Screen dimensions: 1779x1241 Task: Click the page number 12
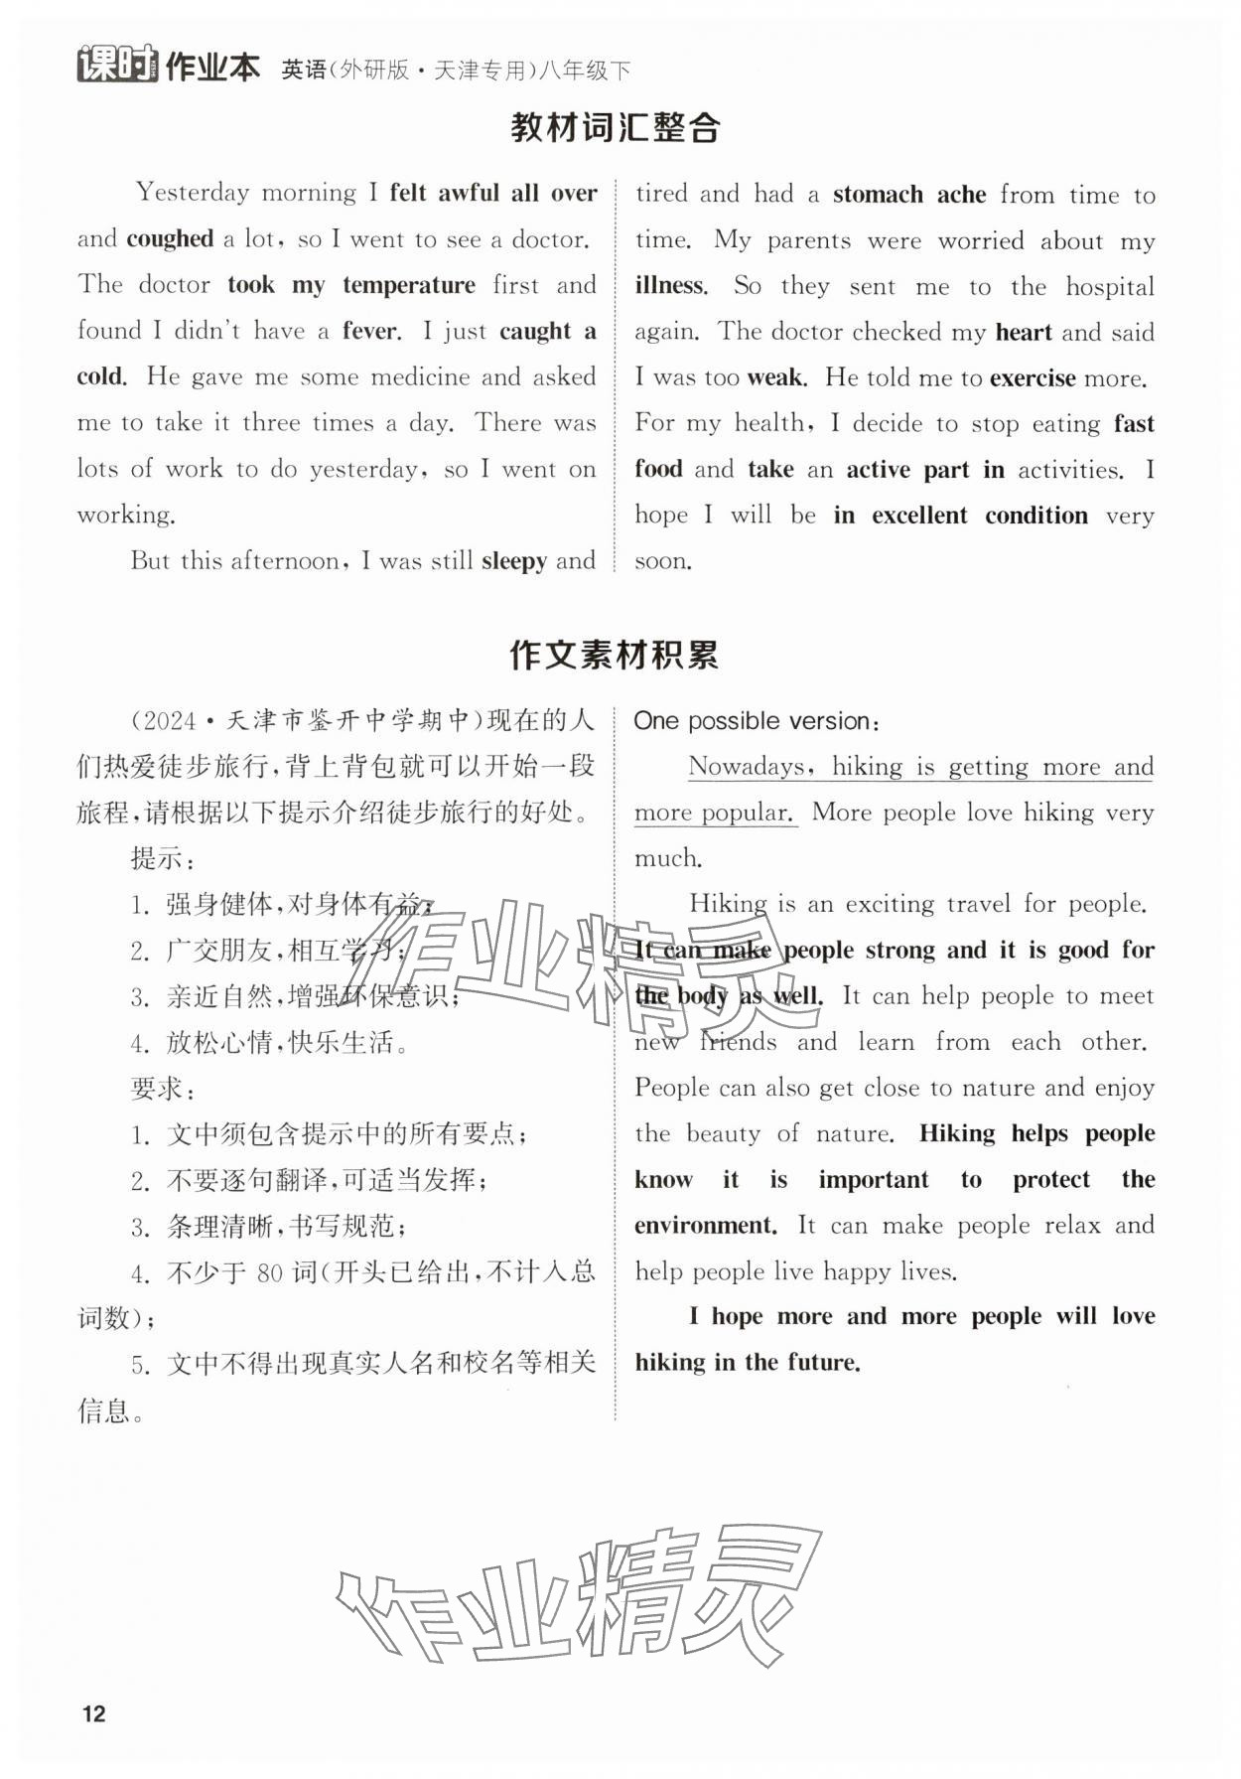click(x=93, y=1713)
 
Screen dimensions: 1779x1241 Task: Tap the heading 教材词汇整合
click(x=616, y=128)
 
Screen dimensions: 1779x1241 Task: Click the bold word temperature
click(x=409, y=286)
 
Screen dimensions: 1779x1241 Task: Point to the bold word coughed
click(x=170, y=239)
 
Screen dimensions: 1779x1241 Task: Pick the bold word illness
click(x=670, y=287)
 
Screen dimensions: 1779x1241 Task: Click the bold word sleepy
click(x=513, y=561)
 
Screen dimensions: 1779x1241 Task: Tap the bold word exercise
click(x=1033, y=378)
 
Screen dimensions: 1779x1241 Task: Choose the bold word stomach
click(x=878, y=195)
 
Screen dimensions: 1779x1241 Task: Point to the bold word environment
click(x=705, y=1226)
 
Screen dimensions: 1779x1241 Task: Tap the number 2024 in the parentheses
click(x=166, y=721)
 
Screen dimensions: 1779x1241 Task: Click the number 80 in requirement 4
click(x=270, y=1272)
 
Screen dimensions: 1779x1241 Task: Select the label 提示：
click(x=163, y=858)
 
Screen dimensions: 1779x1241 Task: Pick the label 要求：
click(x=163, y=1089)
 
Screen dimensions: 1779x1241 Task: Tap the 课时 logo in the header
click(x=117, y=67)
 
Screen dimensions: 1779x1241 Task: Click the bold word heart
click(x=1023, y=333)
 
